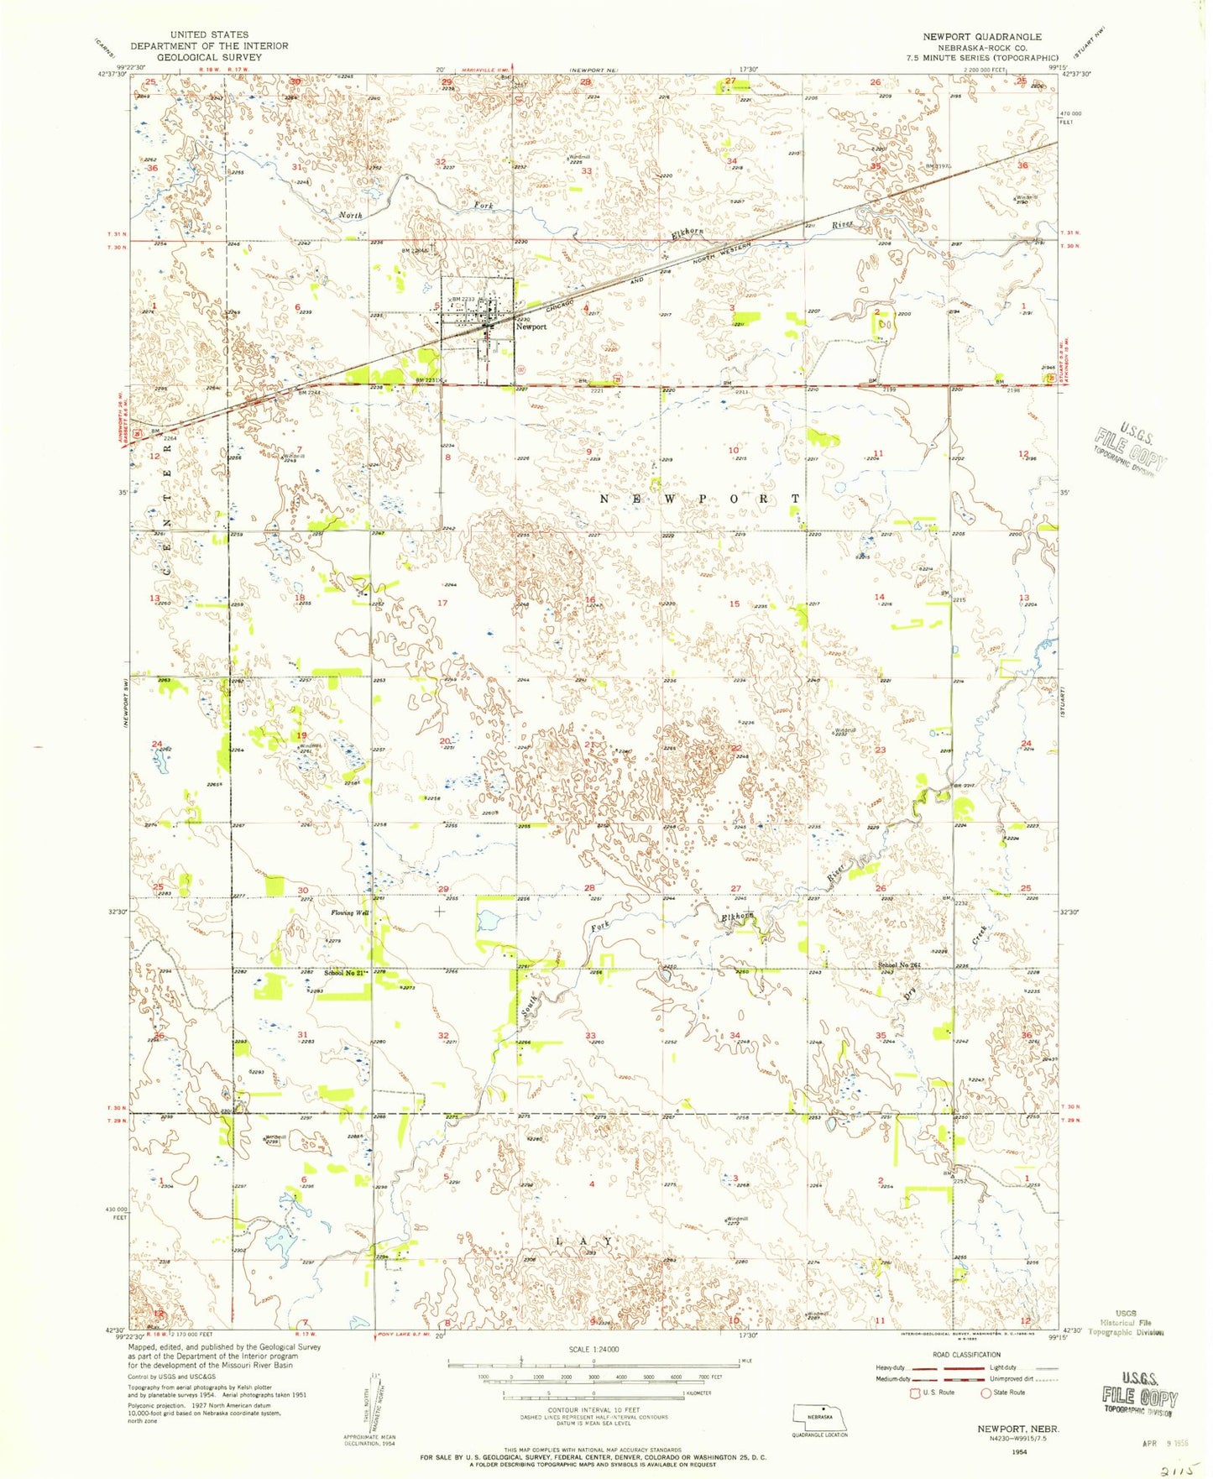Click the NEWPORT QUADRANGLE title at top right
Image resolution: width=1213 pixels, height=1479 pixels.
[x=981, y=36]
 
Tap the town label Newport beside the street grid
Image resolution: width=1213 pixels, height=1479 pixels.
[x=531, y=327]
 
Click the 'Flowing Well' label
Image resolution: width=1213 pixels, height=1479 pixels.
[x=350, y=912]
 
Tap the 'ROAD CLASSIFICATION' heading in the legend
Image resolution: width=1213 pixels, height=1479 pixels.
[x=967, y=1355]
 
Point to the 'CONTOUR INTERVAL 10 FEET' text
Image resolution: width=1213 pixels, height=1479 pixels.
[x=593, y=1409]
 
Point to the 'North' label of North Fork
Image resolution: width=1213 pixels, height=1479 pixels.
[x=351, y=216]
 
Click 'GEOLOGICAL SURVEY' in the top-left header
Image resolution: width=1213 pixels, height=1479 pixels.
[x=208, y=57]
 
